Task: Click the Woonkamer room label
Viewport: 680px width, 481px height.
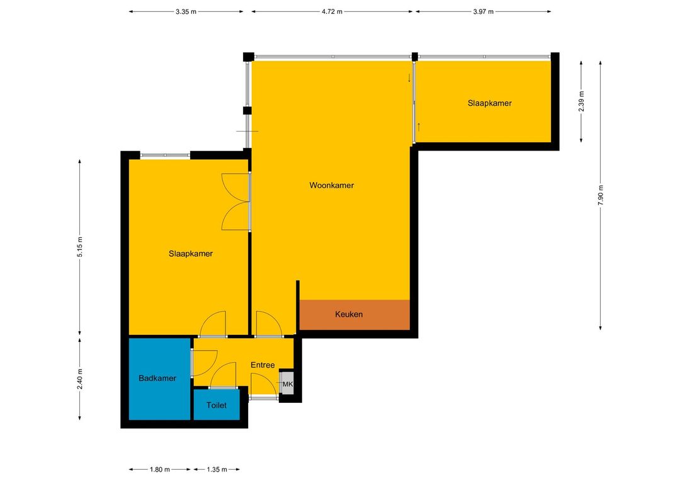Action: (331, 185)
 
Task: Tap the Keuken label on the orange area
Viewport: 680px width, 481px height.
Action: (349, 314)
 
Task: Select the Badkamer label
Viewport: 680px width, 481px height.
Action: (157, 378)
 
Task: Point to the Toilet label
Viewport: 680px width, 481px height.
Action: (217, 405)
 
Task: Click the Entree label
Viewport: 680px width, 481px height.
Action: (263, 365)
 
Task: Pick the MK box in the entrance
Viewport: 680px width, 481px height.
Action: (288, 383)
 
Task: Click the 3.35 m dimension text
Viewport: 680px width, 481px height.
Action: (186, 12)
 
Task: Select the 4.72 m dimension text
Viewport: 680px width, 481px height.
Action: (332, 12)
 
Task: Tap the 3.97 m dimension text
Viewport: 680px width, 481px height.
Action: (483, 12)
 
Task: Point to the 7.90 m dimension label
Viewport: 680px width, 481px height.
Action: (600, 195)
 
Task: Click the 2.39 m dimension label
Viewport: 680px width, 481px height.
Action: (581, 101)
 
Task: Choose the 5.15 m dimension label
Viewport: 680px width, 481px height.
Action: (80, 247)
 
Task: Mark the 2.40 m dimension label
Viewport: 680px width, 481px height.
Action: (80, 378)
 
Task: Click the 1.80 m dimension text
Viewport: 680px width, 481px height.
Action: (159, 469)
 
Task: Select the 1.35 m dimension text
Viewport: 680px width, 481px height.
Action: (217, 469)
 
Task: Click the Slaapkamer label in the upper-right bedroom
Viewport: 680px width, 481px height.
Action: (490, 103)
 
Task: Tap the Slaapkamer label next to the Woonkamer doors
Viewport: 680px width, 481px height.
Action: (191, 254)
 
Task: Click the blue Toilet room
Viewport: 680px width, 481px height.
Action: (217, 405)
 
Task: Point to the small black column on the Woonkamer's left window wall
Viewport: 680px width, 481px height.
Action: (247, 111)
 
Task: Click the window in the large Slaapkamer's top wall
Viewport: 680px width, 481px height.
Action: (165, 156)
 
